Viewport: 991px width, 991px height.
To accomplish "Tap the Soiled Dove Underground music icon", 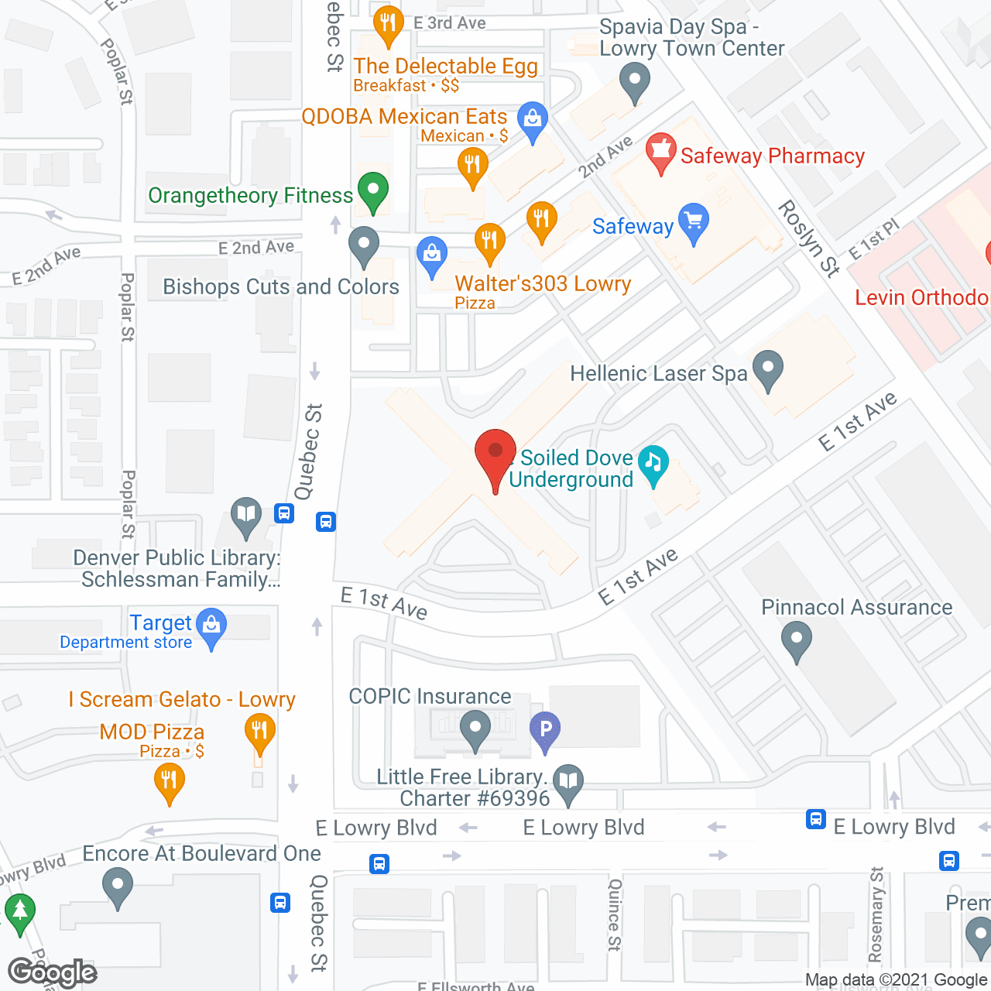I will tap(653, 463).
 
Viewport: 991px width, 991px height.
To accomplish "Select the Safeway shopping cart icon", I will tap(693, 222).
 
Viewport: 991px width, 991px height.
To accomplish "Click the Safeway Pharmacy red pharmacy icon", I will tap(660, 151).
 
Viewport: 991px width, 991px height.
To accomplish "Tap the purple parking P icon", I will tap(545, 729).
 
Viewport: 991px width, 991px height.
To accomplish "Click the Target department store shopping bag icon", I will tap(211, 626).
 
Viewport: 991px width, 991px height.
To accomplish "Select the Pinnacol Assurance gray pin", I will tap(796, 642).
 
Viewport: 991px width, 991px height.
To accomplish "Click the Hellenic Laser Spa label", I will tap(658, 374).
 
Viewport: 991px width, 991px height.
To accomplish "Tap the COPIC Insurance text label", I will tap(430, 696).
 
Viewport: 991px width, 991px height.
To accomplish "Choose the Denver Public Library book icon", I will tap(246, 515).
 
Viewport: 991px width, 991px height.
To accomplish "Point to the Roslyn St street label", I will tap(809, 238).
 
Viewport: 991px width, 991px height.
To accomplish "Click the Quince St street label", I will tap(615, 914).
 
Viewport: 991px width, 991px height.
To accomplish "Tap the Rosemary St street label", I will tap(876, 914).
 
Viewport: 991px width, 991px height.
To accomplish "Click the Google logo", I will tap(52, 972).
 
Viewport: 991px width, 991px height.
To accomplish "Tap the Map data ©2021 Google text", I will tap(896, 980).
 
